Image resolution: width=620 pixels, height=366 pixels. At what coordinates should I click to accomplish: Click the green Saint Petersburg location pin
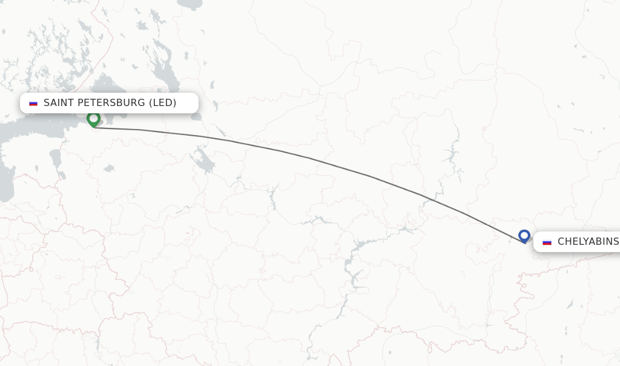coord(93,119)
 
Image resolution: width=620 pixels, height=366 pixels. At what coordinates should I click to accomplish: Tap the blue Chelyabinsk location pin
coord(524,236)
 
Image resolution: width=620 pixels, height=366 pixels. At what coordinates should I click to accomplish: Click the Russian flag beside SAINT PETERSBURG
coord(33,103)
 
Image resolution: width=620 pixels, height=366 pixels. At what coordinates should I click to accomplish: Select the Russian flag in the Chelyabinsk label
coord(547,242)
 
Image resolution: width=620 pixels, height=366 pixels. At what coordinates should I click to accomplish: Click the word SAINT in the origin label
coord(58,103)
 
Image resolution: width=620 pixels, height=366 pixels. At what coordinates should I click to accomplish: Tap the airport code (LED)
coord(163,103)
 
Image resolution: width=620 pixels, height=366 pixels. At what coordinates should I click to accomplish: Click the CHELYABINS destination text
coord(587,242)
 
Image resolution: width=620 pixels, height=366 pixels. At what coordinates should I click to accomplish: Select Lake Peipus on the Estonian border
coord(55,159)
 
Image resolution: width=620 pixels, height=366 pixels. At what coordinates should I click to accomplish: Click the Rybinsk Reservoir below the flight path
coord(204,161)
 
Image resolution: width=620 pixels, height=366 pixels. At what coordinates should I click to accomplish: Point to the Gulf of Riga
coord(5,182)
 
